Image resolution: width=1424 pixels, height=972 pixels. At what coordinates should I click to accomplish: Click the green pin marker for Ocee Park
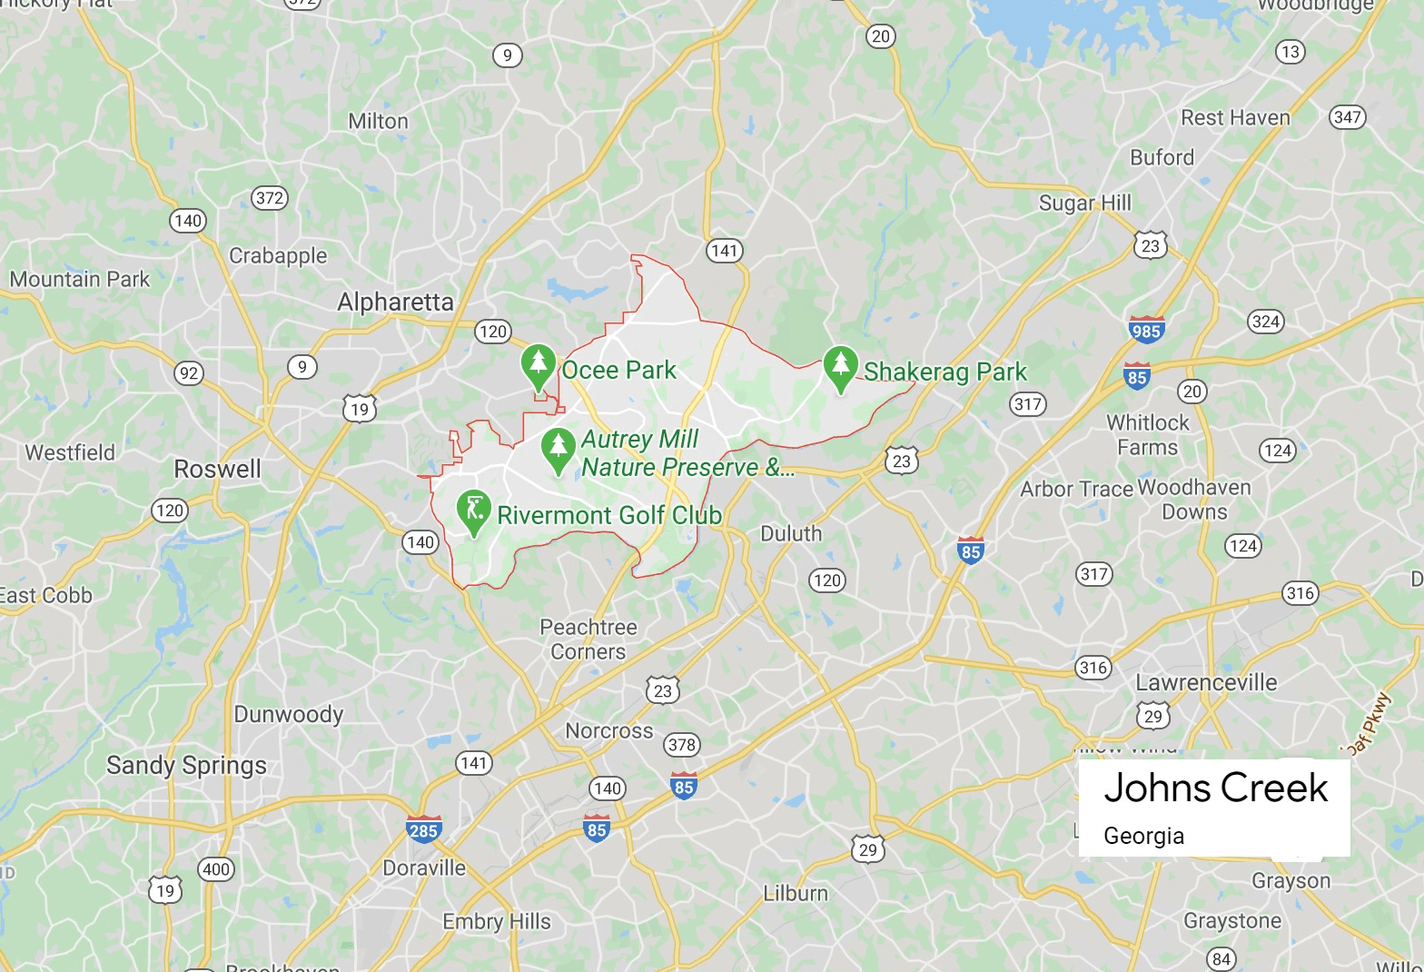pyautogui.click(x=539, y=364)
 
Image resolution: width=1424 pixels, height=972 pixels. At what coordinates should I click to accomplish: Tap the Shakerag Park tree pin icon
pyautogui.click(x=841, y=366)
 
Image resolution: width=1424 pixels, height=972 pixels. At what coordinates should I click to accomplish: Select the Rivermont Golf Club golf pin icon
pyautogui.click(x=473, y=510)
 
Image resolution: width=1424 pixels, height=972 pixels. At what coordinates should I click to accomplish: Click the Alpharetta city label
pyautogui.click(x=395, y=302)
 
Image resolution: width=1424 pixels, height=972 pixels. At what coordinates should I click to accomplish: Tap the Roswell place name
pyautogui.click(x=217, y=469)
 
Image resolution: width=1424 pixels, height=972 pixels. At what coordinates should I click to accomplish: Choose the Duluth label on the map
pyautogui.click(x=790, y=533)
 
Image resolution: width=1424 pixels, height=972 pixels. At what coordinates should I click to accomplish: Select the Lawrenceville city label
pyautogui.click(x=1206, y=682)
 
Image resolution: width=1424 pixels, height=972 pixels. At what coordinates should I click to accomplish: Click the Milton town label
pyautogui.click(x=378, y=121)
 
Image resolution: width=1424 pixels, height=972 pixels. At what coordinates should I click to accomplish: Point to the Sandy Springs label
pyautogui.click(x=186, y=765)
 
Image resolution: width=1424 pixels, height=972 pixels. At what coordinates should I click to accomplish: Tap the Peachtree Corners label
pyautogui.click(x=588, y=639)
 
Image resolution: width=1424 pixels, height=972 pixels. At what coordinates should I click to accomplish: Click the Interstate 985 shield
pyautogui.click(x=1146, y=330)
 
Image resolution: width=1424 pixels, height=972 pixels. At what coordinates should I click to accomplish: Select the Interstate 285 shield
pyautogui.click(x=423, y=829)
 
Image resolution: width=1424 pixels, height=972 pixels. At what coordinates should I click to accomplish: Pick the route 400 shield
pyautogui.click(x=216, y=869)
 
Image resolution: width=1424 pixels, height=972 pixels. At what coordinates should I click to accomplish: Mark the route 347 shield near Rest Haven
pyautogui.click(x=1347, y=116)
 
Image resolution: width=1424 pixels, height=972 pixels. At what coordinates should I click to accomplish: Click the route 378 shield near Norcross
pyautogui.click(x=681, y=745)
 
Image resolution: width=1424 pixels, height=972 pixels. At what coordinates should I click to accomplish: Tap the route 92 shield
pyautogui.click(x=189, y=373)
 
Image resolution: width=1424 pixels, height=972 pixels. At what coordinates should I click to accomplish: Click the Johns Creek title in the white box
pyautogui.click(x=1215, y=788)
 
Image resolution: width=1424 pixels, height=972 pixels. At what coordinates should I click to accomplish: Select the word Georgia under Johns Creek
pyautogui.click(x=1143, y=836)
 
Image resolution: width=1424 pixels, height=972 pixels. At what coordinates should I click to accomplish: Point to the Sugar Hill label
pyautogui.click(x=1084, y=203)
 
